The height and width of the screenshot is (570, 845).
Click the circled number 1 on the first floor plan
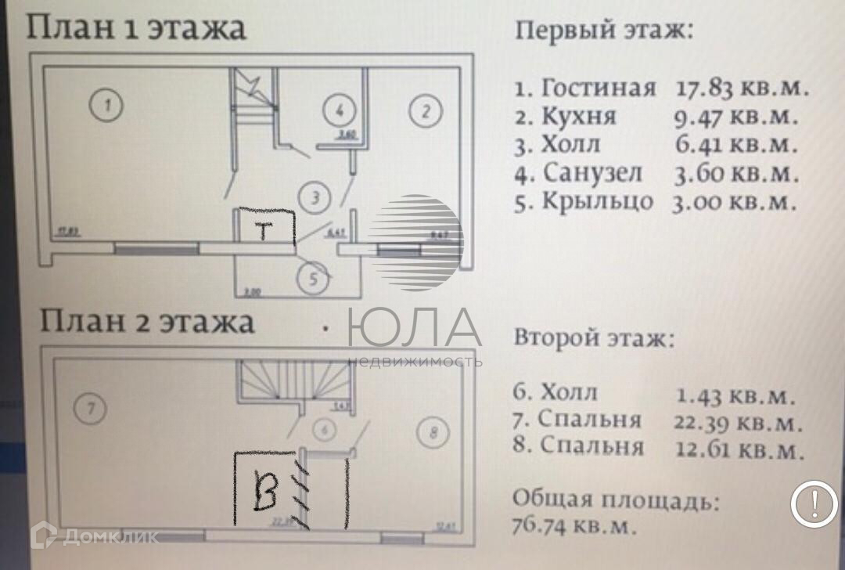106,106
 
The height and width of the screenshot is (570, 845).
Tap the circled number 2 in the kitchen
426,110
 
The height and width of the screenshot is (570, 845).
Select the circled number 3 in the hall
315,198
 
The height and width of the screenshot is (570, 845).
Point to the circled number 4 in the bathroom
340,110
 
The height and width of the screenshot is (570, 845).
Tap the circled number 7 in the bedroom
92,408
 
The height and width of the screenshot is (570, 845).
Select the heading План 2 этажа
149,321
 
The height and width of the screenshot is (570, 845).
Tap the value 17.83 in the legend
703,88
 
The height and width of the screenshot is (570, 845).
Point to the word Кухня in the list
578,117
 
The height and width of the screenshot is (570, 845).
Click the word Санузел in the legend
591,172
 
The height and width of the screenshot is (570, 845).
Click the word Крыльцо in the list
597,201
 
